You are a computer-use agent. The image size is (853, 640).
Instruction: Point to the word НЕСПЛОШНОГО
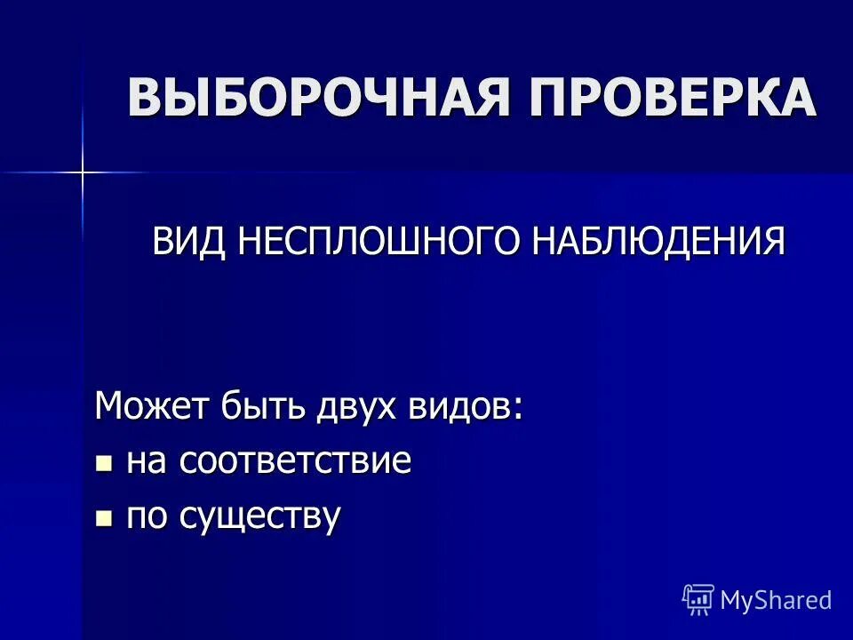click(381, 241)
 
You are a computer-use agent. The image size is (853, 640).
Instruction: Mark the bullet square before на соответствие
click(105, 462)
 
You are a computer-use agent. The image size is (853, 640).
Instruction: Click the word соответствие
click(294, 461)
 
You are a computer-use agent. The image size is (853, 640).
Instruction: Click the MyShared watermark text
click(776, 600)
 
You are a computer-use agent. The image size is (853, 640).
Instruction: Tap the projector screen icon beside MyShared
click(698, 600)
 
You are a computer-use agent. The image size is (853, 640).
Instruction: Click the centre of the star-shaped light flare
click(82, 172)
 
